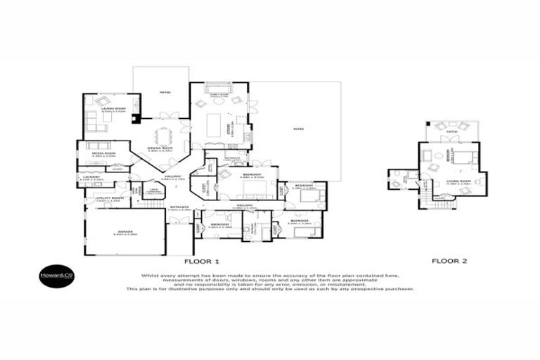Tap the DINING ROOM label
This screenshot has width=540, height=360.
click(x=160, y=148)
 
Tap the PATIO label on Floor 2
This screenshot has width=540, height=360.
click(x=451, y=131)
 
